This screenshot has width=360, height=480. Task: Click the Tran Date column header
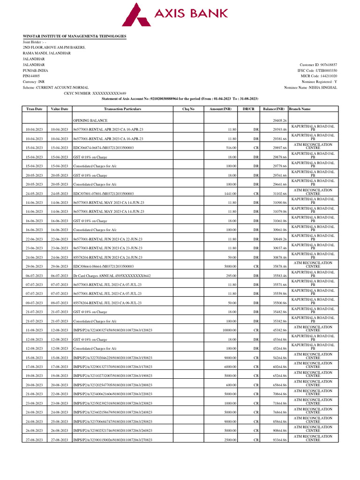point(34,109)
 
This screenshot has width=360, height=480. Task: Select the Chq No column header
point(188,109)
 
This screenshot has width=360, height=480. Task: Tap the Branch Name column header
point(300,109)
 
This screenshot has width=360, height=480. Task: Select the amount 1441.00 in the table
point(229,193)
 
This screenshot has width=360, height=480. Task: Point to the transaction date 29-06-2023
point(34,266)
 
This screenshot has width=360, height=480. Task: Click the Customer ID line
point(318,65)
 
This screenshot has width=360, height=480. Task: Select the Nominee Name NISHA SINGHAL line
point(310,87)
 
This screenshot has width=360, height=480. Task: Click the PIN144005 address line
point(31,75)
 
